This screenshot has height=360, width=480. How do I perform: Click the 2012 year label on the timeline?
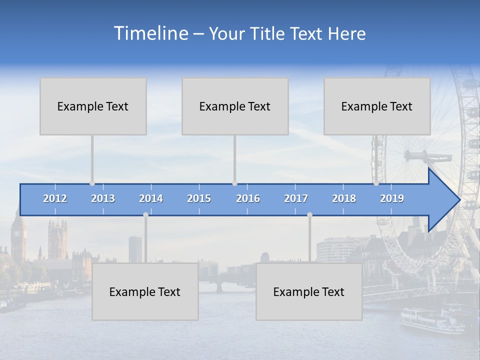(x=55, y=198)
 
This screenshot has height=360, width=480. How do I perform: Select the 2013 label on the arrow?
(x=103, y=198)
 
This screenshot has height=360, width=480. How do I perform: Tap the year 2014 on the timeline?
(x=151, y=198)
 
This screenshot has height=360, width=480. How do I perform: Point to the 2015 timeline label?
(x=199, y=198)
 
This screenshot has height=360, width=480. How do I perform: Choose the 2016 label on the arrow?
(x=248, y=198)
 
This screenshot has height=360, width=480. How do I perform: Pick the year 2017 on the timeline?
(x=296, y=198)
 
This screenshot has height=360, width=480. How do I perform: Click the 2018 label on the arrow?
(x=344, y=198)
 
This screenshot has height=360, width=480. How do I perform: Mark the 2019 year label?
(x=392, y=198)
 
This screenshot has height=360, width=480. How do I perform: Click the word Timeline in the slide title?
(x=150, y=33)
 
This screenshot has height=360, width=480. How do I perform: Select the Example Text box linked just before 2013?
(x=93, y=106)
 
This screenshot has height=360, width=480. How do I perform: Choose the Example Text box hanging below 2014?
(x=145, y=291)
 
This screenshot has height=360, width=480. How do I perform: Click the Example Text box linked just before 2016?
(x=235, y=106)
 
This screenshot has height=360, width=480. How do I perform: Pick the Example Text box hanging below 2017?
(x=309, y=291)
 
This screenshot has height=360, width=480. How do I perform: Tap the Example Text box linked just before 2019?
(x=377, y=106)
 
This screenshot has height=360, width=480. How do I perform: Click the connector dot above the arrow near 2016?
(x=234, y=183)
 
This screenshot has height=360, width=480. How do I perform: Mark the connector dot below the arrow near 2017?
(x=309, y=215)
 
